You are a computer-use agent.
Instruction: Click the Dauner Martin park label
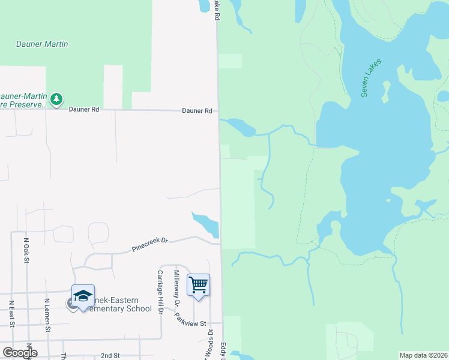[42, 44]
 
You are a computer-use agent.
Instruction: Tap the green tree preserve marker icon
[56, 98]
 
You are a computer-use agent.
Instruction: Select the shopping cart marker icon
[198, 284]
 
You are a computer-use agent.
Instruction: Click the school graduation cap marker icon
[83, 295]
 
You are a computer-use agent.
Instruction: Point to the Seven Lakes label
[372, 77]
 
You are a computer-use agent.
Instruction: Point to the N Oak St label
[26, 250]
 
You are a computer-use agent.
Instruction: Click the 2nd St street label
[110, 355]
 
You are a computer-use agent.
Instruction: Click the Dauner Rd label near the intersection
[197, 111]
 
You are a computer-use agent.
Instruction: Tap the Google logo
[19, 353]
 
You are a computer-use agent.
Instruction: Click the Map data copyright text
[423, 355]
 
